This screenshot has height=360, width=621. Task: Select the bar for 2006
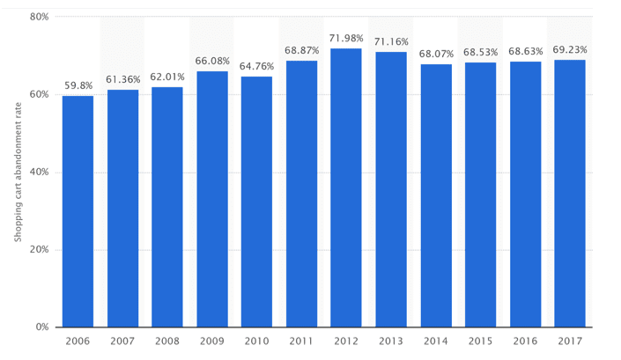(78, 211)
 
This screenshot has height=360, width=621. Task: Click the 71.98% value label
(346, 39)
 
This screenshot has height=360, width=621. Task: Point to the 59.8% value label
(78, 86)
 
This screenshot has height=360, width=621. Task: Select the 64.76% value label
(256, 67)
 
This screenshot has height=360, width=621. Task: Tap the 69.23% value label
(570, 50)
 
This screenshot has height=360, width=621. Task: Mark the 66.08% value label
(212, 62)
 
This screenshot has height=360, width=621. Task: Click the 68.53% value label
(481, 53)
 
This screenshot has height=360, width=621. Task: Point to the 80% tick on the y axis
(39, 17)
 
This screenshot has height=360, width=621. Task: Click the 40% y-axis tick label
(39, 172)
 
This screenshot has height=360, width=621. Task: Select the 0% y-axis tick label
(41, 327)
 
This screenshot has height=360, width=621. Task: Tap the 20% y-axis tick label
(39, 250)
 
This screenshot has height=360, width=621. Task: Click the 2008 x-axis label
(167, 341)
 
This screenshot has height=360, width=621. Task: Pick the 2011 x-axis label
(301, 341)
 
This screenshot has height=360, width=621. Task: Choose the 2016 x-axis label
(526, 341)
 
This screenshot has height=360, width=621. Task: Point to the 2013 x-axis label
(391, 341)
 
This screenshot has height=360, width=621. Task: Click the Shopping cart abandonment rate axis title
(17, 173)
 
